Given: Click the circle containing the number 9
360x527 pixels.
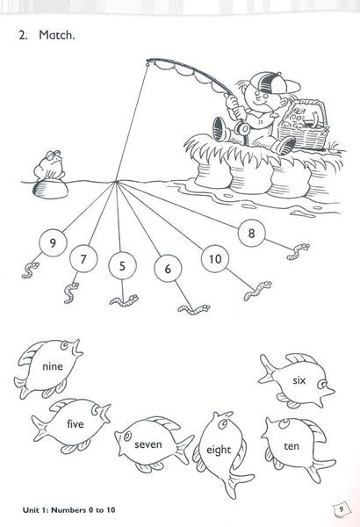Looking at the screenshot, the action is click(53, 242).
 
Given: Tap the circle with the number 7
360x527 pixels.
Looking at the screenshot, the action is click(83, 258).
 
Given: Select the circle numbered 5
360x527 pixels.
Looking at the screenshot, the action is click(122, 265).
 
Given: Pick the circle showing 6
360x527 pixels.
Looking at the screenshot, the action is click(168, 268).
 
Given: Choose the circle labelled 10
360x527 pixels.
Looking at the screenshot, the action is click(215, 259).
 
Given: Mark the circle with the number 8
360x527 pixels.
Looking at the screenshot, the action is click(251, 233).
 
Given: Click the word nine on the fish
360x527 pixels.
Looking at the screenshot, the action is click(53, 366).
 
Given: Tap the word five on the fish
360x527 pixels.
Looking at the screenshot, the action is click(76, 423).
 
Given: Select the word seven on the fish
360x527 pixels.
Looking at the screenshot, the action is click(148, 444).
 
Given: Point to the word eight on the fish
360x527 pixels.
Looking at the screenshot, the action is click(219, 450).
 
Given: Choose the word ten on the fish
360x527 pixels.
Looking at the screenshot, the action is click(292, 446).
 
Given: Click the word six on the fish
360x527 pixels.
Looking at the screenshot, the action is click(299, 380).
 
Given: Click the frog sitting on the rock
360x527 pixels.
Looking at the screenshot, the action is click(50, 165).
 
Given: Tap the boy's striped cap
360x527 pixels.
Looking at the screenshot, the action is click(273, 83).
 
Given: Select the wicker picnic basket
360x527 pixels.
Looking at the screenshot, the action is click(303, 124).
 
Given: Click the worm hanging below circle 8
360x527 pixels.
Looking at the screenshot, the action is click(299, 251).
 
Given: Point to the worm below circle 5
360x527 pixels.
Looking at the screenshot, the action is click(124, 300).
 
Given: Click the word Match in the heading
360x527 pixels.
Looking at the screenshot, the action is click(56, 35).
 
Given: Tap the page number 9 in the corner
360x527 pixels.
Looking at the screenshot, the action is click(341, 509).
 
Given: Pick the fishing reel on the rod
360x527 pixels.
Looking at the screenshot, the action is click(242, 128).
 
